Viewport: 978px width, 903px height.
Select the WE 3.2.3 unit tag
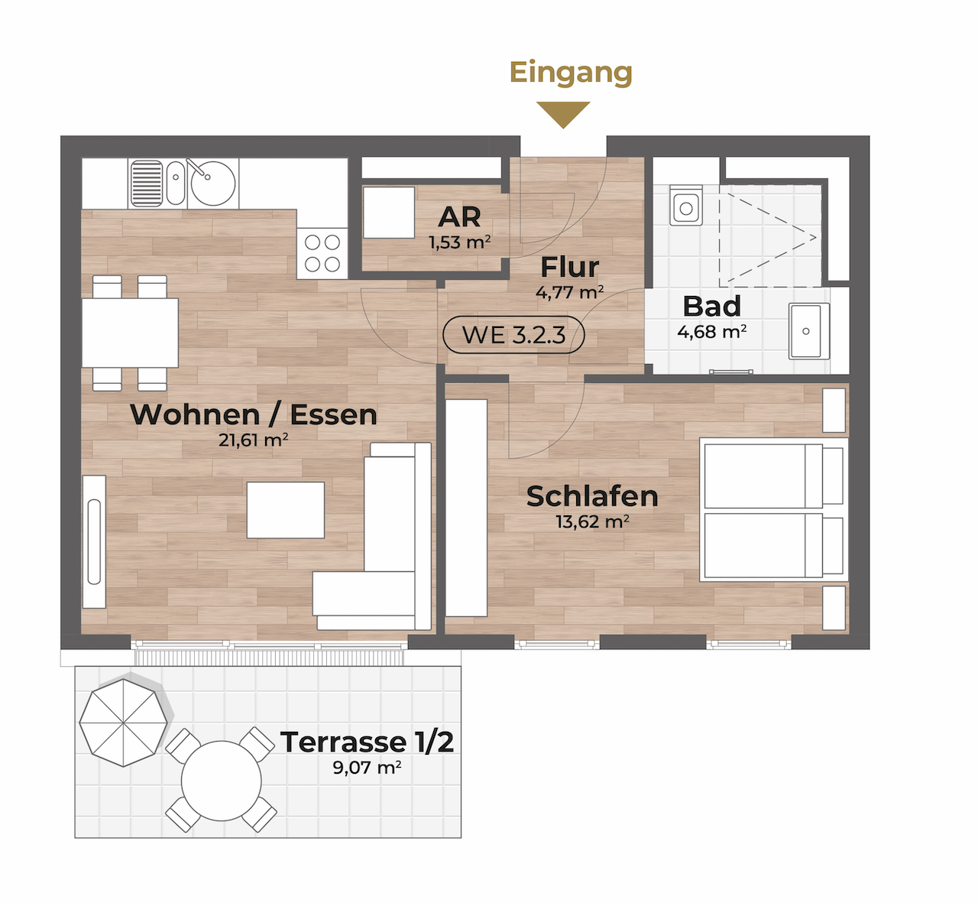click(x=513, y=335)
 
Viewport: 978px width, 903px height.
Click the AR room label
click(x=459, y=217)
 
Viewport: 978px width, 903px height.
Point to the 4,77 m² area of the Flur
click(x=570, y=293)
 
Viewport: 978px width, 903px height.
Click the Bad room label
click(x=711, y=306)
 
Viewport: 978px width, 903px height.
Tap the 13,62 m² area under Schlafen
click(x=592, y=521)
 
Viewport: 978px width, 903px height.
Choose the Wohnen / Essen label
click(x=253, y=414)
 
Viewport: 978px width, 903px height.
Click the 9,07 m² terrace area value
click(x=367, y=768)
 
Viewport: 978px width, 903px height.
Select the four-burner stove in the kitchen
click(x=322, y=253)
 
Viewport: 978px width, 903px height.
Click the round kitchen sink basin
click(x=212, y=183)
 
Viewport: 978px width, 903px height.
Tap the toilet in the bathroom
click(x=686, y=205)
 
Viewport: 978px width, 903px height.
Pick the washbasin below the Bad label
click(x=808, y=331)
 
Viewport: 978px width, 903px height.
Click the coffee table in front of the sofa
click(x=286, y=510)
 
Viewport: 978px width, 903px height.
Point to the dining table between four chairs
click(x=130, y=333)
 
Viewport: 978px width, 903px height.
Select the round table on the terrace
click(x=221, y=781)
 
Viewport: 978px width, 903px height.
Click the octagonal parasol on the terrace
click(x=123, y=723)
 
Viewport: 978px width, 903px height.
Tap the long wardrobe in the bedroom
click(x=466, y=508)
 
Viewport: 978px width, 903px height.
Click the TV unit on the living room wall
click(x=94, y=541)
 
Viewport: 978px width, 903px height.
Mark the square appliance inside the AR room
click(x=389, y=213)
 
